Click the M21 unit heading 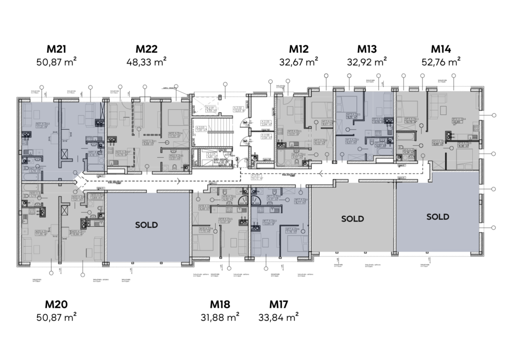56,49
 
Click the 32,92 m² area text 367,62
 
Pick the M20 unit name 56,304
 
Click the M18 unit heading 220,304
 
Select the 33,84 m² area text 279,316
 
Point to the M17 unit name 279,304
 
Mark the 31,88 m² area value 220,316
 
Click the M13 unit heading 367,49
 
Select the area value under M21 56,62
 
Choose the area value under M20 56,316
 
